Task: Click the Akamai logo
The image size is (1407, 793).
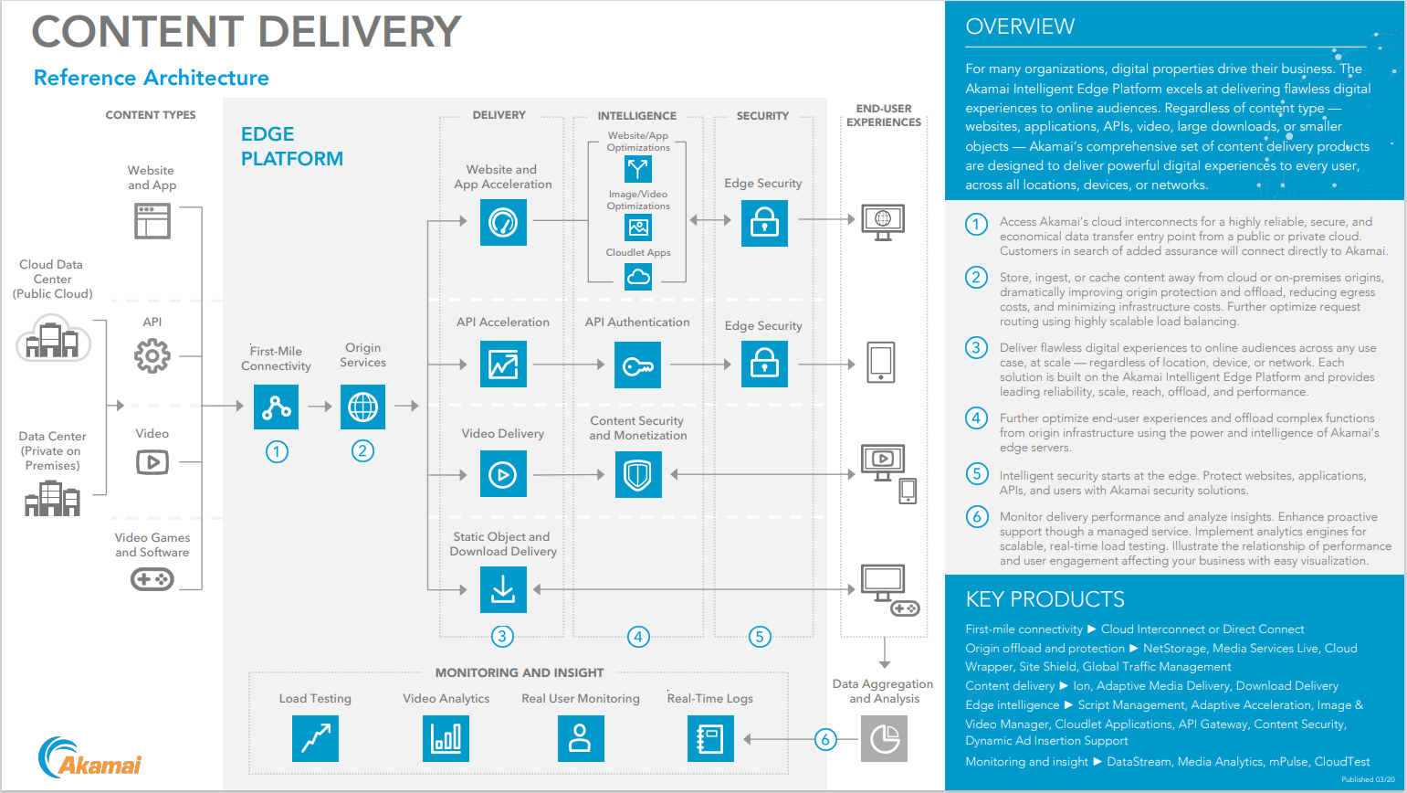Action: pos(89,758)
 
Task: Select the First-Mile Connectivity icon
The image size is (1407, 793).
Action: pos(276,407)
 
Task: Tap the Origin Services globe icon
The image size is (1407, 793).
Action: pos(362,407)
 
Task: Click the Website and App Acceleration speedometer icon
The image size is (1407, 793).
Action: pos(503,222)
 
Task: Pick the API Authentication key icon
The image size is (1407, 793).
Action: pos(637,365)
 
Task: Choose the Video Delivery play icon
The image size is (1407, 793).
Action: pos(503,474)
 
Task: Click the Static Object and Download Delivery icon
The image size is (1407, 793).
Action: pos(503,589)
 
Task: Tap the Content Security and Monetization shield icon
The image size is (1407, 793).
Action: pos(637,474)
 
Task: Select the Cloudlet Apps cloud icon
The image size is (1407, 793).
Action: pos(638,276)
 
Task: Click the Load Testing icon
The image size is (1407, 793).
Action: pos(315,738)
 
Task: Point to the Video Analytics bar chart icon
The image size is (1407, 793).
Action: pos(446,738)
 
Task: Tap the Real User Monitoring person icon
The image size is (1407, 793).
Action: pos(581,738)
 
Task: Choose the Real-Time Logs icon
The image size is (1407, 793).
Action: pos(710,738)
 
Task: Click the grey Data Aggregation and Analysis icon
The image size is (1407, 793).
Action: pos(884,738)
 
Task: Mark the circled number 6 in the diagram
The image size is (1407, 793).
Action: pos(825,739)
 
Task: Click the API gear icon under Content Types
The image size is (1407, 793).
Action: pos(152,355)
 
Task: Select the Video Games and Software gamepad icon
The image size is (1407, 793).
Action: pos(152,579)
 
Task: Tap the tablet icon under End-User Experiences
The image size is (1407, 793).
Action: pos(881,363)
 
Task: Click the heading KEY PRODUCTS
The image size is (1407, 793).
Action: pos(1045,599)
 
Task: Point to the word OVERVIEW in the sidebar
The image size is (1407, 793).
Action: pos(1020,26)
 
